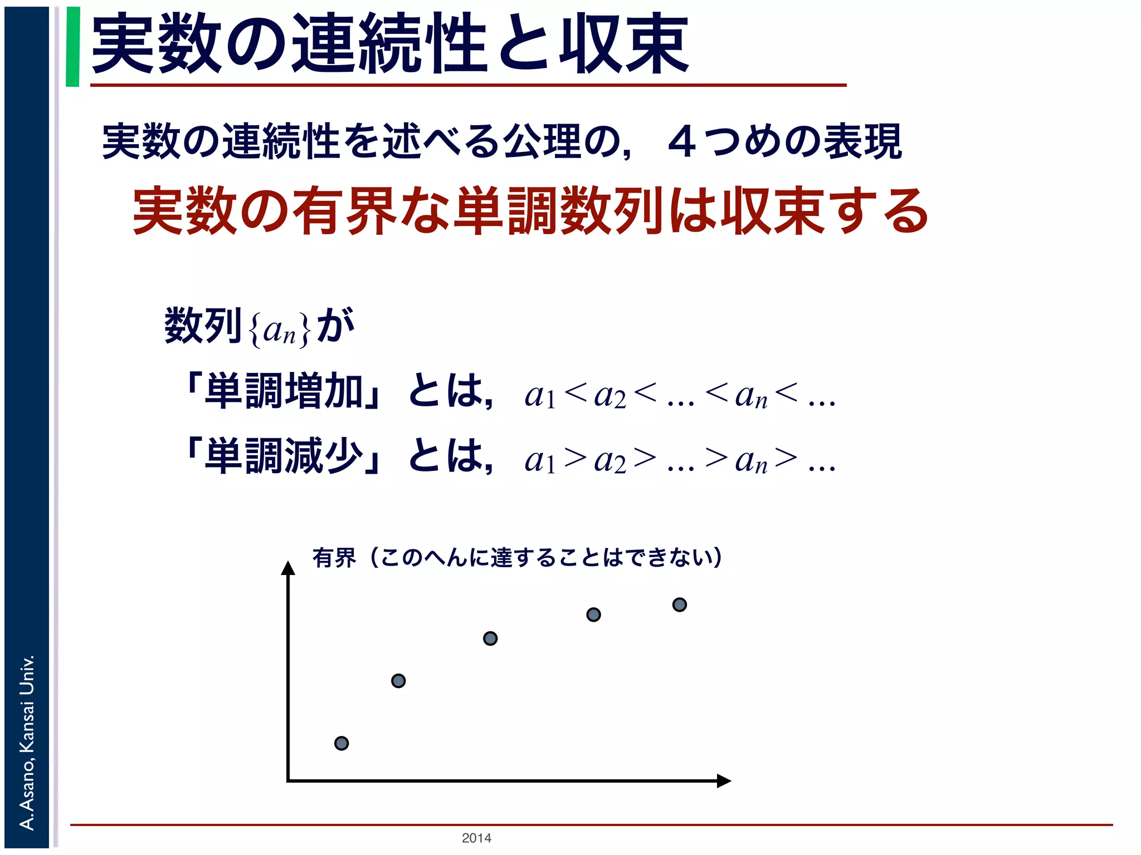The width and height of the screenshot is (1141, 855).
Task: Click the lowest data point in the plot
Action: coord(342,743)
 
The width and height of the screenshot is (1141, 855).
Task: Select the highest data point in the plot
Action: coord(680,605)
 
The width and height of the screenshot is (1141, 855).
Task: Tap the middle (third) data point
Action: coord(490,638)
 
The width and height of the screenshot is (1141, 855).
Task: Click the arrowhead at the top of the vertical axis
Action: coord(288,568)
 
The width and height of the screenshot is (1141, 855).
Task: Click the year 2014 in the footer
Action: coord(476,838)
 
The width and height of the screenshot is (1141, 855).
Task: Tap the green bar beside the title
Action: coord(72,47)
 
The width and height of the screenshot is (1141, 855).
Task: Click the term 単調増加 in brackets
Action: coord(285,391)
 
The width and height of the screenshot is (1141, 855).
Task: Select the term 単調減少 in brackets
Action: coord(285,456)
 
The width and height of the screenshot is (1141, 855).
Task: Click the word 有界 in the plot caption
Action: coord(334,558)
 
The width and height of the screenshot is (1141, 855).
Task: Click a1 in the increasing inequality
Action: coord(539,397)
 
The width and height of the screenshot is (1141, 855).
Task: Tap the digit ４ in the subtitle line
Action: coord(682,142)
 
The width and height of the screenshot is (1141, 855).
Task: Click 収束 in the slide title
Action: coord(625,45)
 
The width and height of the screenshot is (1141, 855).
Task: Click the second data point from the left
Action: coord(398,681)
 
